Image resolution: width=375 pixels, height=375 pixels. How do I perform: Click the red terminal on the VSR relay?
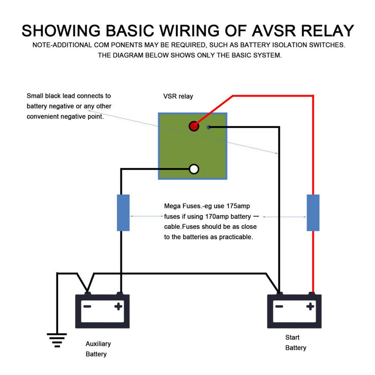(194, 126)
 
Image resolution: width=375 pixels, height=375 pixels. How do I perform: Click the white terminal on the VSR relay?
(194, 169)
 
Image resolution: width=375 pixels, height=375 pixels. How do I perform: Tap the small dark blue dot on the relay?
(209, 127)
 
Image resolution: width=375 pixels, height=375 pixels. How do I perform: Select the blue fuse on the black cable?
(123, 213)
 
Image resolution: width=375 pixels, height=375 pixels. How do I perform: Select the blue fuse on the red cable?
(313, 213)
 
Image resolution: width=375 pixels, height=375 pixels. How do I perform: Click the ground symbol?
(57, 339)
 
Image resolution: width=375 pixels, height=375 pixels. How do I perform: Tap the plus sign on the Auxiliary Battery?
(118, 307)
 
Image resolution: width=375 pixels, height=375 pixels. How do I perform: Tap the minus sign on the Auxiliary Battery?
(87, 307)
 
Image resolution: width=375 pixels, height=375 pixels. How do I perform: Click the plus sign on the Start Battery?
(310, 307)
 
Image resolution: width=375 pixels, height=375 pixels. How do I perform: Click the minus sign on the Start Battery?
(279, 307)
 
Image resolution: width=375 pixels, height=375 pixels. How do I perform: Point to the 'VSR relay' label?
(178, 97)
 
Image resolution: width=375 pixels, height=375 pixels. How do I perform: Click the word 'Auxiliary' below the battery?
(98, 344)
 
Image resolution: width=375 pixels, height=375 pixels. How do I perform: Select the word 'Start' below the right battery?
(292, 337)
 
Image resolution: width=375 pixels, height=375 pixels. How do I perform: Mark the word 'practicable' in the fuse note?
(236, 237)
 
